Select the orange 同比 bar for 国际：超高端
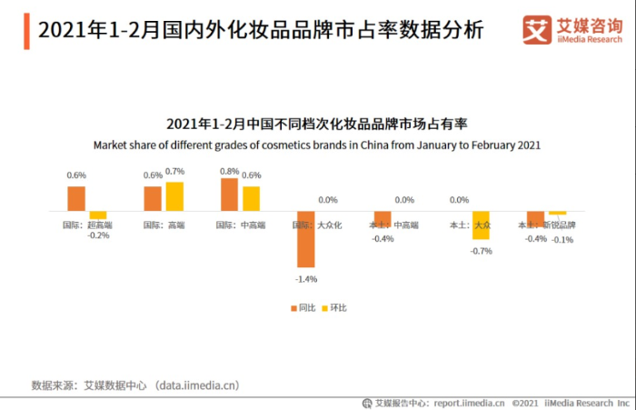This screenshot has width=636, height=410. [x=76, y=199]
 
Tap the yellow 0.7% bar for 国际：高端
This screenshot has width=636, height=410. [x=174, y=196]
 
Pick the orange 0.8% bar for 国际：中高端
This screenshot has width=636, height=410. [x=229, y=195]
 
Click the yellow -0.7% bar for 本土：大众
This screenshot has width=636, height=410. [x=481, y=225]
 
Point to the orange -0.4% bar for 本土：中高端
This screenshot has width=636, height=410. [x=383, y=219]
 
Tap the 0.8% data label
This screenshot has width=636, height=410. [x=229, y=171]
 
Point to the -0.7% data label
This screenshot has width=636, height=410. [x=481, y=250]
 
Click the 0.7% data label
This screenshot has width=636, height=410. [x=174, y=171]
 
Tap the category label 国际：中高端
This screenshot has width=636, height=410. [x=239, y=224]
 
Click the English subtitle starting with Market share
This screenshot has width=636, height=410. [x=317, y=145]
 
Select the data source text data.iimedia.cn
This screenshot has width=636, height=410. [x=197, y=385]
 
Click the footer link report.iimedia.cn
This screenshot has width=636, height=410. [x=469, y=402]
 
